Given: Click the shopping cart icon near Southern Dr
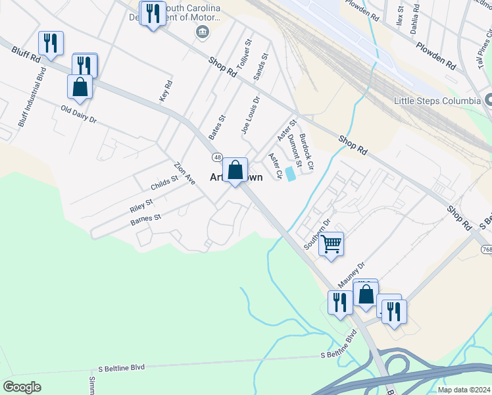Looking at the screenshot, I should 332,244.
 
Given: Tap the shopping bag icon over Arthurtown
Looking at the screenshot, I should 235,171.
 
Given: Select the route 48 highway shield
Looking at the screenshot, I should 216,157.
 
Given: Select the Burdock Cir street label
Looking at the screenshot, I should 307,152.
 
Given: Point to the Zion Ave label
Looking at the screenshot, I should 184,172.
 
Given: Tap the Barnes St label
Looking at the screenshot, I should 145,219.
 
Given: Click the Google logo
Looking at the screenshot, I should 22,387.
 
